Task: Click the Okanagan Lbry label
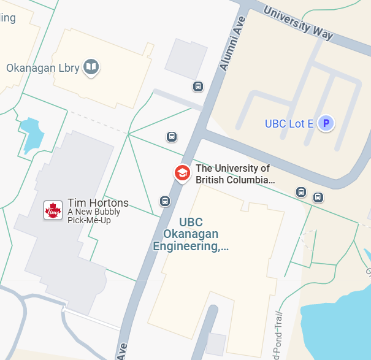coord(43,67)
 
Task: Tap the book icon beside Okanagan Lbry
coord(91,67)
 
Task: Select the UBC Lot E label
coord(289,124)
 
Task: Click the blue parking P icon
coord(327,124)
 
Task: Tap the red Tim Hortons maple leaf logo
coord(53,210)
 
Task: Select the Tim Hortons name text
coord(98,203)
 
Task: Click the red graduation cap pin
coord(182,174)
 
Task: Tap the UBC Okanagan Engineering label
coord(190,235)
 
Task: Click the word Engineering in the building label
coord(190,247)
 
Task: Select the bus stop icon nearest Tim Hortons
coord(165,201)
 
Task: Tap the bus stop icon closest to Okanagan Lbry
coord(197,86)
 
